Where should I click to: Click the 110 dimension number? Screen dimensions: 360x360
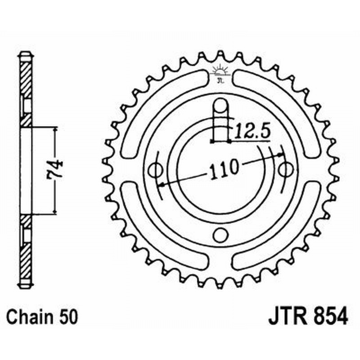click(x=223, y=168)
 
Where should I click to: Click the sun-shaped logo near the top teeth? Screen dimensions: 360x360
click(x=220, y=72)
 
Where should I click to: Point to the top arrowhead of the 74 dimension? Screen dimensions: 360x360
click(x=55, y=129)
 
